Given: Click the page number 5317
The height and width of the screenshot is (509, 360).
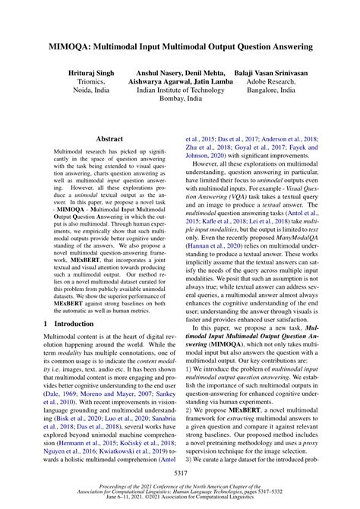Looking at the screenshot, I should pyautogui.click(x=180, y=473).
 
